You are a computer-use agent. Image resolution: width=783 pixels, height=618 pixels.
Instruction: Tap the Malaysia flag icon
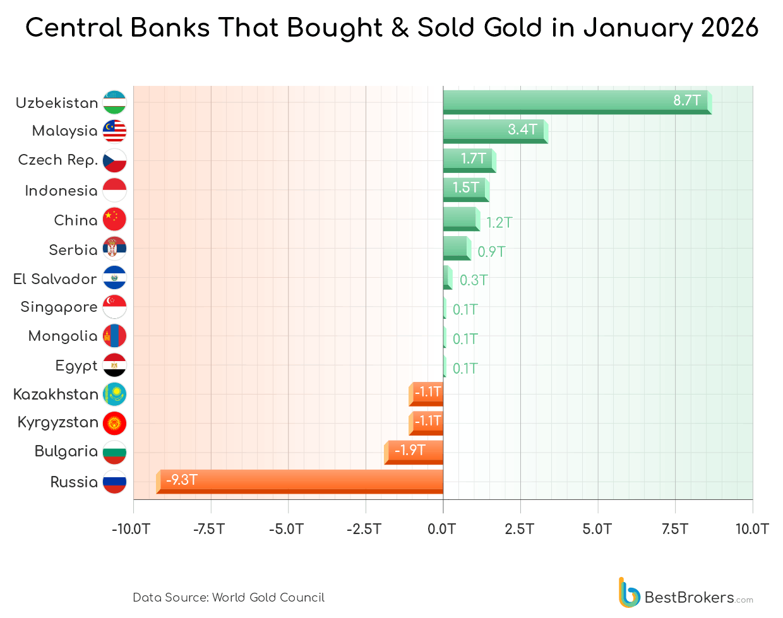click(114, 131)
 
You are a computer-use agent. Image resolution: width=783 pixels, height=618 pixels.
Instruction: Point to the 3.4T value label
click(522, 129)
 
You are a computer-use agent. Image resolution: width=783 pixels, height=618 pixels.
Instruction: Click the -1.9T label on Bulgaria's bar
click(410, 450)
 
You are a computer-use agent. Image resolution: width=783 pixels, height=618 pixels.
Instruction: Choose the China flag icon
click(114, 219)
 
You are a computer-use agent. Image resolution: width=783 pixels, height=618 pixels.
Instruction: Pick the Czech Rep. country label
click(57, 160)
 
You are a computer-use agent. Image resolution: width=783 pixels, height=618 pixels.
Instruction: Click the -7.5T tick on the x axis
click(210, 529)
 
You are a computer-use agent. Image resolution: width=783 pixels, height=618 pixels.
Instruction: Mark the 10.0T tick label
click(751, 529)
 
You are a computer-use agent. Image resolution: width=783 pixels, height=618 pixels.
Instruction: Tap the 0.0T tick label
click(442, 529)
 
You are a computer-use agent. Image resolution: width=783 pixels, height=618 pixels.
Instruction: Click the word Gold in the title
click(511, 28)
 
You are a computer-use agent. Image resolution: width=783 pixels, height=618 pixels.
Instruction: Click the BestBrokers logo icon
click(629, 593)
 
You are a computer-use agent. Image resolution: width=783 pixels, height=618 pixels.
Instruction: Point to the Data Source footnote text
click(229, 597)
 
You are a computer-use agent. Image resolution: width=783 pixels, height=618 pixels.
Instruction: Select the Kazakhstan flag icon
click(114, 395)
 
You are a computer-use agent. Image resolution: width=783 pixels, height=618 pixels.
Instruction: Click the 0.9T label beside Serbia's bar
click(491, 252)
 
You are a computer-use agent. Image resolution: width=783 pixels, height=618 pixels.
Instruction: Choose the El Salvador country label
click(55, 279)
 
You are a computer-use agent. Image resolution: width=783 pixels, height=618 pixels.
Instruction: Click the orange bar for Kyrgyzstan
click(427, 422)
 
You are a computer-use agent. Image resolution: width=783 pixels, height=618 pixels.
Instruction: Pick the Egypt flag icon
click(114, 365)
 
